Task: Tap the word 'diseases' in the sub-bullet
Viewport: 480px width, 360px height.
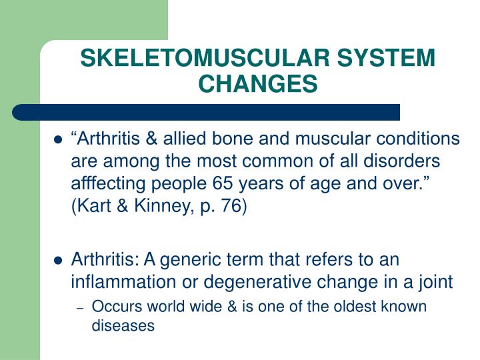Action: click(123, 326)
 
